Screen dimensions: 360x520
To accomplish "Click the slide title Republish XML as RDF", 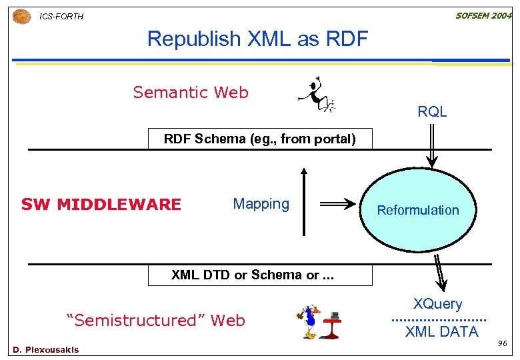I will (257, 39).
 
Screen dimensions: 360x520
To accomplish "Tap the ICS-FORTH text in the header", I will (61, 16).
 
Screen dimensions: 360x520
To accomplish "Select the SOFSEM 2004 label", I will (483, 15).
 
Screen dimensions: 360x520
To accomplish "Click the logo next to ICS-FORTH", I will (21, 15).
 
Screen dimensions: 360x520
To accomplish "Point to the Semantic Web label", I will (191, 93).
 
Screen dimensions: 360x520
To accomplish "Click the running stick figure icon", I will (315, 95).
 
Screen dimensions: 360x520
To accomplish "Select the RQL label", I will (432, 112).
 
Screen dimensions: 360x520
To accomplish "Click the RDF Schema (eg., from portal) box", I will (260, 139).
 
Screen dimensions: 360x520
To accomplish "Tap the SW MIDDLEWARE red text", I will (101, 205).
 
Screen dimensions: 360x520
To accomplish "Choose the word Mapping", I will (261, 204).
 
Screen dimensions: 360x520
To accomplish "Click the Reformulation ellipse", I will (418, 209).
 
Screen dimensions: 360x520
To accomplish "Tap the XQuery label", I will (437, 304).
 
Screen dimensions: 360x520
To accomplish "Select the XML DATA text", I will (441, 331).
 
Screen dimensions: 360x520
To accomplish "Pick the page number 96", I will (503, 344).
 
